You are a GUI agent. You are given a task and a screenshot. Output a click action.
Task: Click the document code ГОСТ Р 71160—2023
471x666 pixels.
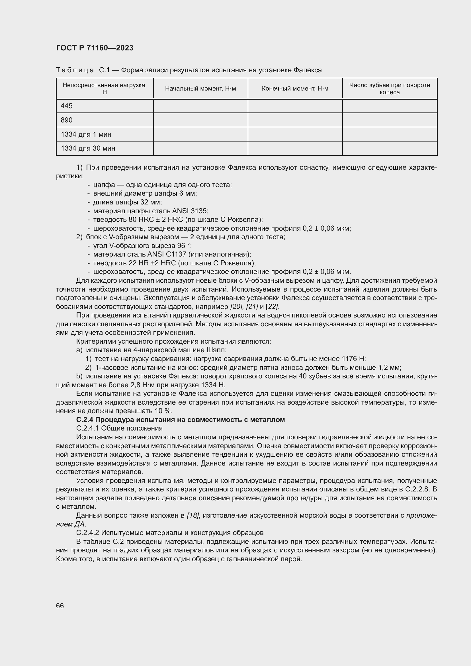tap(95, 48)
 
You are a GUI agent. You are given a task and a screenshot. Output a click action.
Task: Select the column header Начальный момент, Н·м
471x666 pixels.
tap(200, 89)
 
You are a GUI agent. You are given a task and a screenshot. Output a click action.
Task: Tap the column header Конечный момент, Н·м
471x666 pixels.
tap(295, 89)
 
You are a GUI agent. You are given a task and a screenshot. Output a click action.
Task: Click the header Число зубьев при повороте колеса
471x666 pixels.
tap(390, 89)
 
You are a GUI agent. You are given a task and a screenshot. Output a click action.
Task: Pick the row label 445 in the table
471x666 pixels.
tap(67, 106)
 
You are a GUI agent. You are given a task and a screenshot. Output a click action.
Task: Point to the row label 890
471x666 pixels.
tap(67, 120)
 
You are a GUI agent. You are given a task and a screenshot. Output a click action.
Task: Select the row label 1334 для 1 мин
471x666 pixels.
tap(86, 134)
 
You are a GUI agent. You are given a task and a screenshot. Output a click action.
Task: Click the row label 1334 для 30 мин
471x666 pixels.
tap(88, 149)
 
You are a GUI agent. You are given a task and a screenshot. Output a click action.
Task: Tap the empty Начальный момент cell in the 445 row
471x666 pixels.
tap(200, 106)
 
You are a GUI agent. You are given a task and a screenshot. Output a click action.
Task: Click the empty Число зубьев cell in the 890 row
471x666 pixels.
tap(390, 120)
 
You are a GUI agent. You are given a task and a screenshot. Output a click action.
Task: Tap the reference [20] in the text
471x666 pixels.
tap(236, 307)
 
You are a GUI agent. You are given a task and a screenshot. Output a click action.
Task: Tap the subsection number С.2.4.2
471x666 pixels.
tap(88, 533)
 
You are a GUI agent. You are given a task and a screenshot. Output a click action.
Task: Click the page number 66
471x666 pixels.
tap(60, 606)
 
